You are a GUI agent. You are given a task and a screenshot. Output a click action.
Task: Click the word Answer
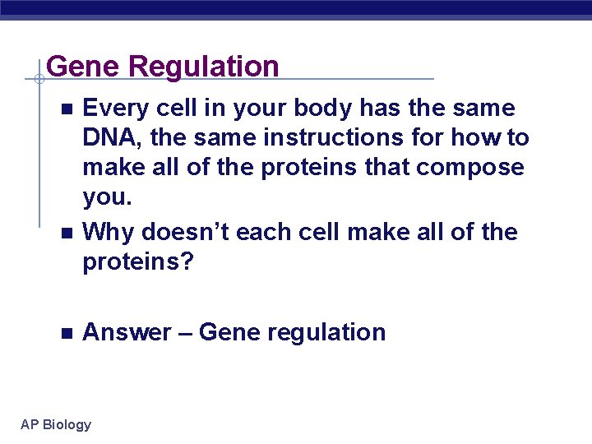click(127, 333)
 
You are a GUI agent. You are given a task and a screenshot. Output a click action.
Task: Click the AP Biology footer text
click(56, 425)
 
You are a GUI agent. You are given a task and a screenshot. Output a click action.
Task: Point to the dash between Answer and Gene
click(184, 333)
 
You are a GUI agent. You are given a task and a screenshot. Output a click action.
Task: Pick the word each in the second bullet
click(264, 233)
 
